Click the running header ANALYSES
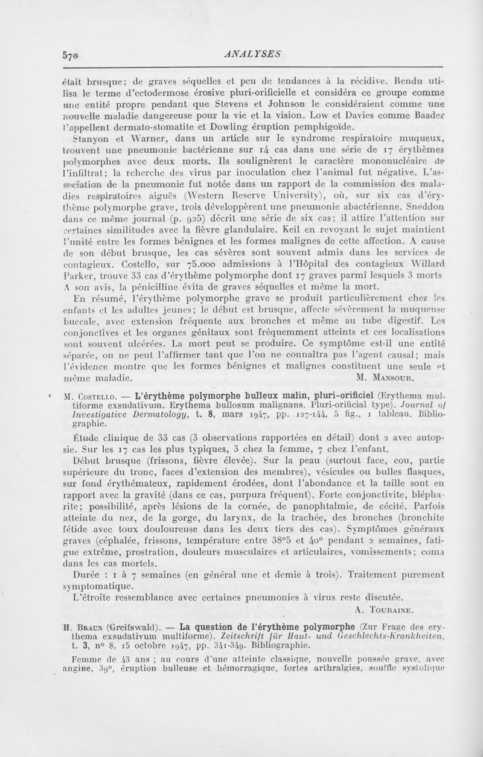pos(252,53)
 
